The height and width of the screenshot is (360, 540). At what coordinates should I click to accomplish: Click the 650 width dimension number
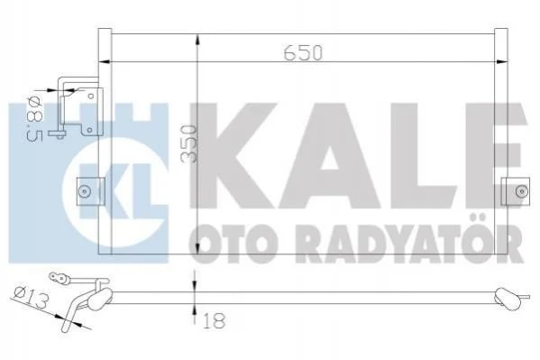[x=303, y=52]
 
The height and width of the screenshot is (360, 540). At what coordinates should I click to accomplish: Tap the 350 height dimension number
[x=188, y=143]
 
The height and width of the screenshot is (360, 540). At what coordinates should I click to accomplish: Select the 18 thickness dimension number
[x=214, y=321]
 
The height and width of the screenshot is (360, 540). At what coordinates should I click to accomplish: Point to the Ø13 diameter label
[x=31, y=298]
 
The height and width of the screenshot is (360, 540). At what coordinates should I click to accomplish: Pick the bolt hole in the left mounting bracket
[x=84, y=191]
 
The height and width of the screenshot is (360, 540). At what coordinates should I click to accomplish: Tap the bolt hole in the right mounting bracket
[x=521, y=191]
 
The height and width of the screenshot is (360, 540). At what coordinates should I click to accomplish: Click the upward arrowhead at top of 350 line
[x=197, y=40]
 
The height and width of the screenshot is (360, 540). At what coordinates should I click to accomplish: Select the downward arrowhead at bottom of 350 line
[x=197, y=248]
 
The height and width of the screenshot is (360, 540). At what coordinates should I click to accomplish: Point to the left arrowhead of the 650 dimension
[x=105, y=62]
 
